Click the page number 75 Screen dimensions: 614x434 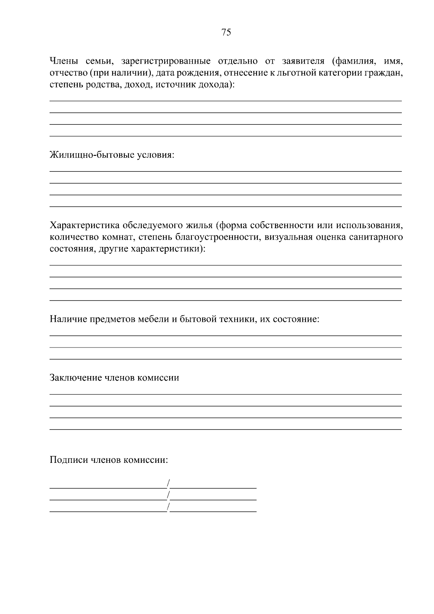coord(226,33)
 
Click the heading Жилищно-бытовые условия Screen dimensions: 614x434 coord(112,155)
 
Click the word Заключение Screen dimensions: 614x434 coord(75,378)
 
